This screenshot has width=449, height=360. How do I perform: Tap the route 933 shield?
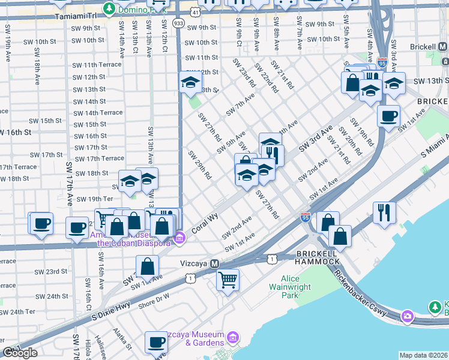pos(179,22)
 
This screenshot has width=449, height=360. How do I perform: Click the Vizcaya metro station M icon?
pos(214,264)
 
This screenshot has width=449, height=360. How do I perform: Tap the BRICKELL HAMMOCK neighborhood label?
pos(317,259)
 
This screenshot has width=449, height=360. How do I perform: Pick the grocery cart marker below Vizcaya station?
pos(228,279)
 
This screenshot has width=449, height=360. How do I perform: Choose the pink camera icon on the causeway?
pos(408,316)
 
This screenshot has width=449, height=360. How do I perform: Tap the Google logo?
pos(20,353)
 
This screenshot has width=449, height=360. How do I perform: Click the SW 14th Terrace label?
pos(98,113)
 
